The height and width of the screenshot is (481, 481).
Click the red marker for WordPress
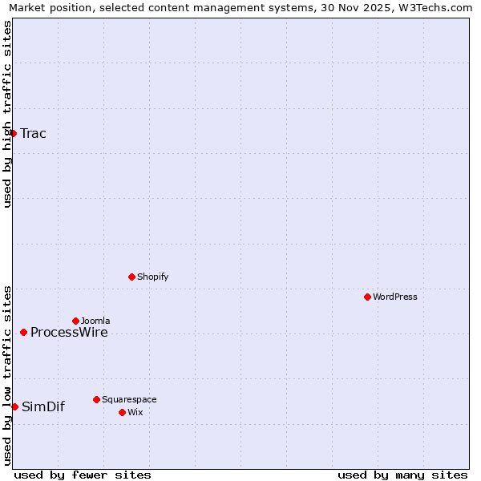click(367, 297)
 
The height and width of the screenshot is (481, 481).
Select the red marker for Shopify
click(131, 277)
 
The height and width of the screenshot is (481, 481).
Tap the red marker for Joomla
click(75, 321)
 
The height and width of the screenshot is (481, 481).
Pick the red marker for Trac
click(14, 133)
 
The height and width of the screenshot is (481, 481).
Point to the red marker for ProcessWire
click(23, 332)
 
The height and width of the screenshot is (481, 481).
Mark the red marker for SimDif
click(14, 406)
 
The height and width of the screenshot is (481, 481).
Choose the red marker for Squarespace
click(96, 399)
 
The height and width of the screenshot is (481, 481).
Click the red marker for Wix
click(122, 412)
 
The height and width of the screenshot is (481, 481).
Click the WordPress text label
click(394, 297)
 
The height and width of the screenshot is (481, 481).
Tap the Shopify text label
click(152, 277)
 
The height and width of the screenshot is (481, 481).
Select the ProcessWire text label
click(69, 333)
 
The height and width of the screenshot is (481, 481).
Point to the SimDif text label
click(43, 407)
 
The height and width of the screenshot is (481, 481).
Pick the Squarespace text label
click(129, 399)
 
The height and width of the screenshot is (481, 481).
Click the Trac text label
click(33, 134)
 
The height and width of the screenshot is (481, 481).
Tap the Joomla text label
click(95, 321)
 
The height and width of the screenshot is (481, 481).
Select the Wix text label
click(135, 412)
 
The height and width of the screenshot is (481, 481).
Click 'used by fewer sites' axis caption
click(83, 475)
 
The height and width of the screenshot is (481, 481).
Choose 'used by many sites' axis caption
click(402, 475)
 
